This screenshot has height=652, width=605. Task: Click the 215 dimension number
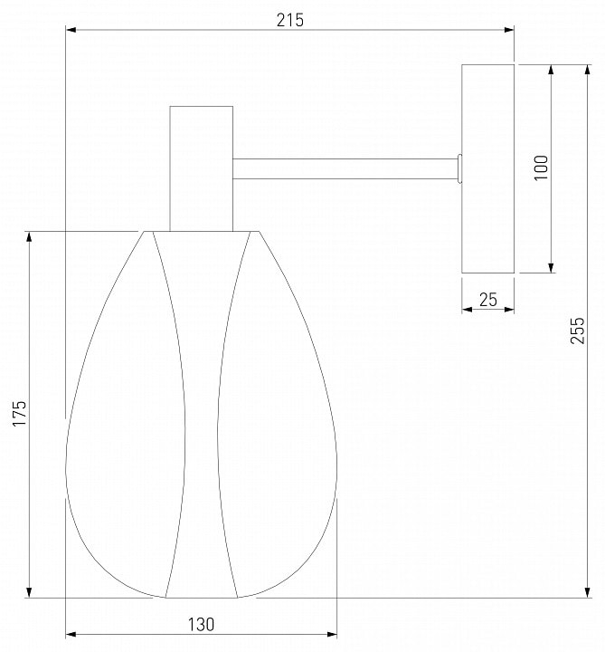289,20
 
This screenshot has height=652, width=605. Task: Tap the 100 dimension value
541,168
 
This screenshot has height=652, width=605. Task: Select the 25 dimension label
488,300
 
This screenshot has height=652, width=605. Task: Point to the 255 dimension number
577,331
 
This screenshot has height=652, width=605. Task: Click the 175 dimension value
19,413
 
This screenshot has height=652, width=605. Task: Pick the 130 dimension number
202,625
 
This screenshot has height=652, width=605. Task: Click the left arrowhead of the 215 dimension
71,30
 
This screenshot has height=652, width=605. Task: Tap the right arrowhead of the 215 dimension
508,30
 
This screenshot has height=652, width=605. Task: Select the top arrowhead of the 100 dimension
551,70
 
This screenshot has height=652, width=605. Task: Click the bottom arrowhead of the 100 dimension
551,268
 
